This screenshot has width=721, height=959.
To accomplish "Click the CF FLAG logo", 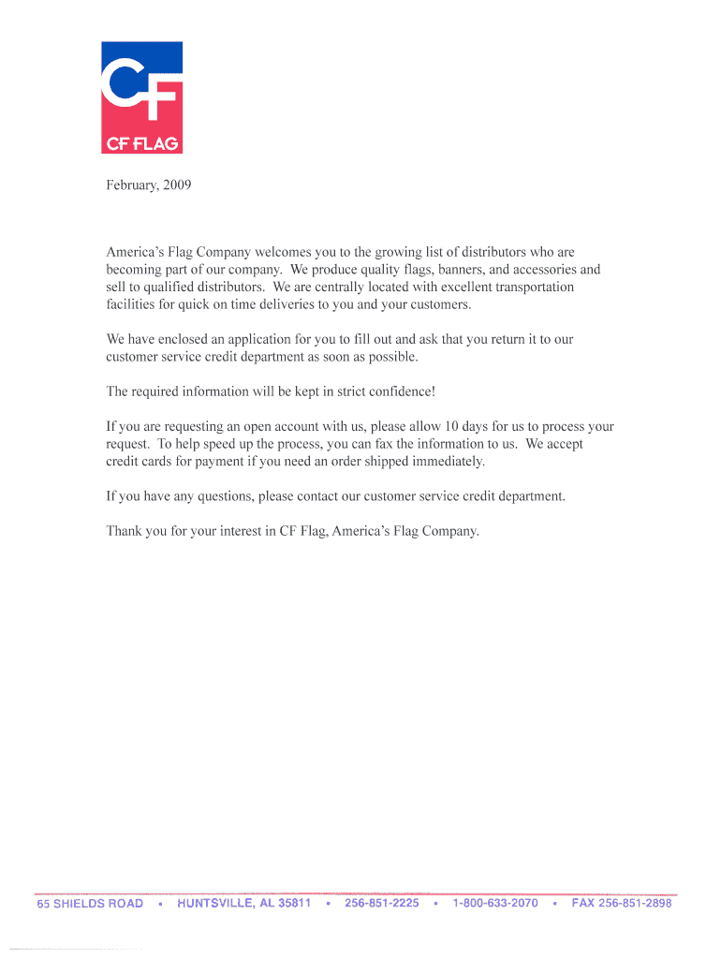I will tap(141, 97).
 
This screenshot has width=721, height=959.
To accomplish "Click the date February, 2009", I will tap(149, 185).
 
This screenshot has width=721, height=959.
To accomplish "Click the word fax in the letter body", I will tap(383, 444).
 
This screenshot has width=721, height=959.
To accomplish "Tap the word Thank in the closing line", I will tap(125, 531).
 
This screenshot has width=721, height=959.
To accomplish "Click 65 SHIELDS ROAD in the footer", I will tap(90, 904).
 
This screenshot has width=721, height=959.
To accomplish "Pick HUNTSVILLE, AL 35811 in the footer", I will tap(243, 904).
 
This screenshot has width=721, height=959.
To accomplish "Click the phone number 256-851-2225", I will tap(381, 904).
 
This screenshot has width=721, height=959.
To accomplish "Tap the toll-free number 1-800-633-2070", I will tap(494, 904).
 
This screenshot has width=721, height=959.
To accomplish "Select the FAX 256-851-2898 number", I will tap(622, 904).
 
